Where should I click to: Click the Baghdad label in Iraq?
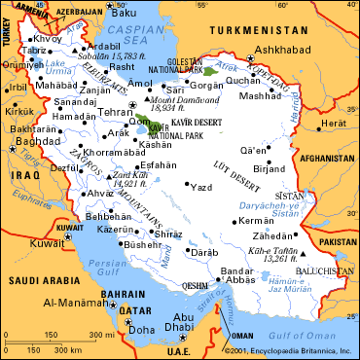pyautogui.click(x=32, y=141)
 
